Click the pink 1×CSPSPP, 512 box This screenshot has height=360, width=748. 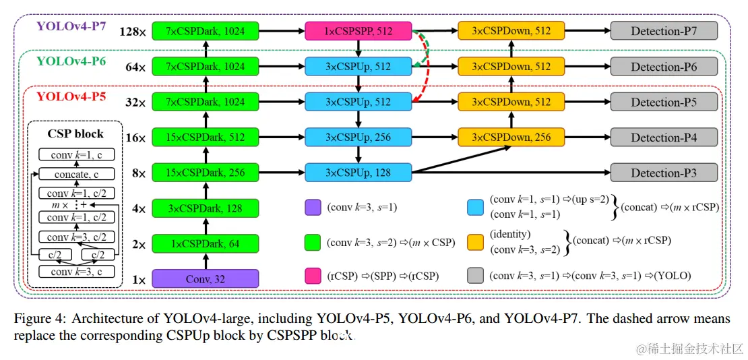[x=358, y=30]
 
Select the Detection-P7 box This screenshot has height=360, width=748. [x=664, y=31]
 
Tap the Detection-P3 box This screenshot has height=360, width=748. [x=664, y=173]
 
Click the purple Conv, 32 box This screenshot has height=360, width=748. [x=206, y=278]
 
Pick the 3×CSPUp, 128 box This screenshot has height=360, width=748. [x=358, y=173]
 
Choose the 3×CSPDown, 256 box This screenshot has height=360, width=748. [x=511, y=138]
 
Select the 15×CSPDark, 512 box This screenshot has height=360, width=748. [x=206, y=138]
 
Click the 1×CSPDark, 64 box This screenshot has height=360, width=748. [x=206, y=243]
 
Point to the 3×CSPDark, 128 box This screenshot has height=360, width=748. [x=206, y=208]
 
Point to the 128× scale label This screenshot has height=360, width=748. [x=132, y=32]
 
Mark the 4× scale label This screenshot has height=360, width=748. [x=138, y=209]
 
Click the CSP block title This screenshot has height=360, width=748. [x=75, y=133]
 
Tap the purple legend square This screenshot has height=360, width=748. [x=313, y=208]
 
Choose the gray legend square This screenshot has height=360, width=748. [x=475, y=275]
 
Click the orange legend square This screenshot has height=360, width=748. [x=475, y=241]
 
